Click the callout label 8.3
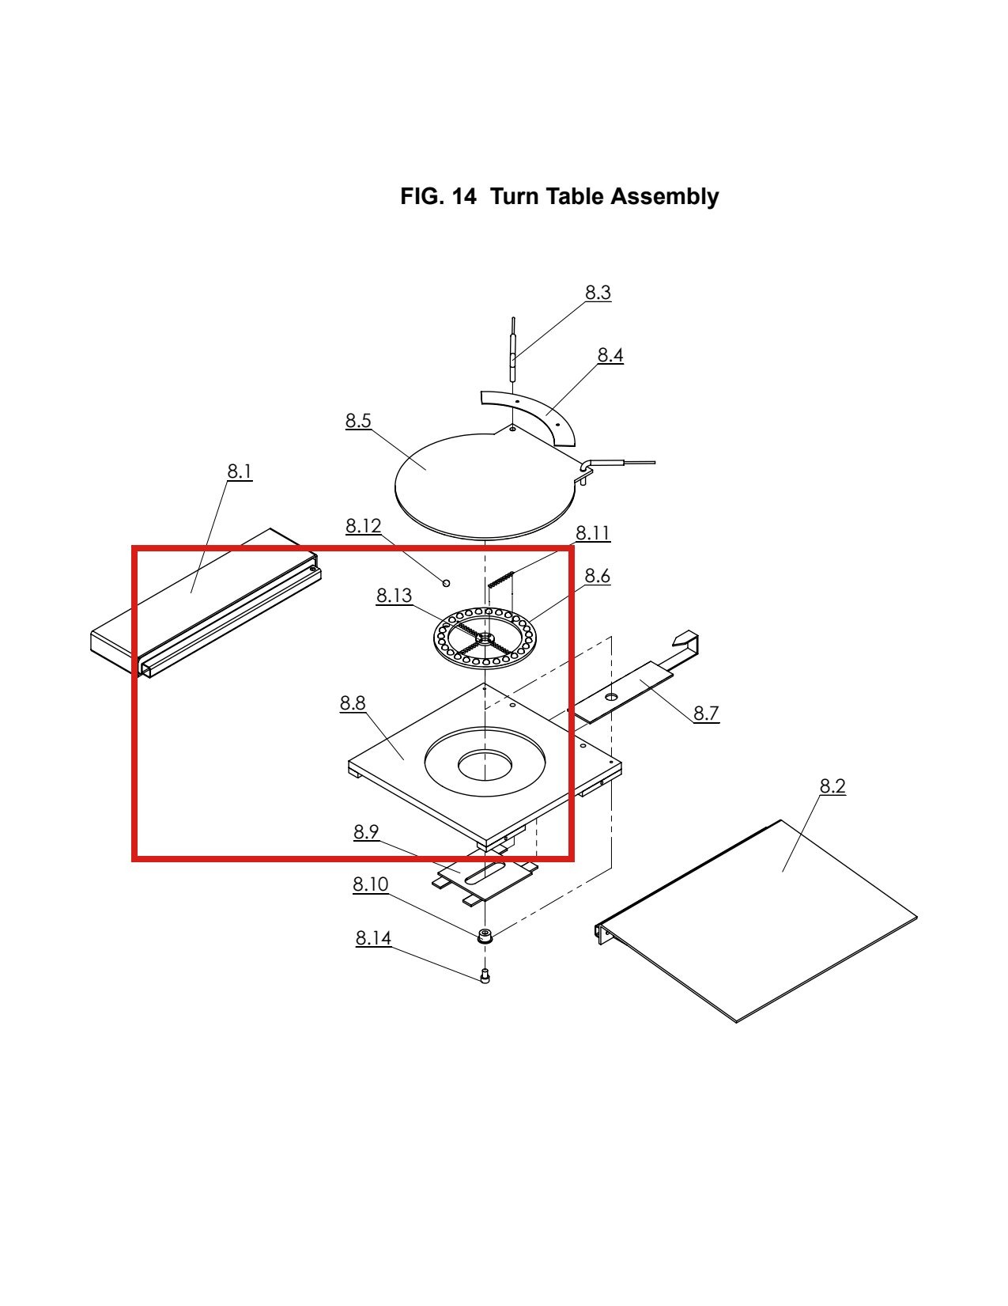coord(598,293)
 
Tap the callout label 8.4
coord(610,355)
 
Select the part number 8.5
coord(358,421)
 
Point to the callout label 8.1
coord(239,471)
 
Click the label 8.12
coord(364,526)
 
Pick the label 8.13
coord(394,595)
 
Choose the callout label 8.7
coord(706,714)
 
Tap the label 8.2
coord(832,786)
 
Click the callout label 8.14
coord(373,938)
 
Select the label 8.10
coord(371,884)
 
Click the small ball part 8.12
coord(446,582)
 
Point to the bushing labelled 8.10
coord(484,936)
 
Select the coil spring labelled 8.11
coord(501,579)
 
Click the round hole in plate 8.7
coord(611,697)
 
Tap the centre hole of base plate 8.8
coord(485,765)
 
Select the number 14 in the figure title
coord(463,196)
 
